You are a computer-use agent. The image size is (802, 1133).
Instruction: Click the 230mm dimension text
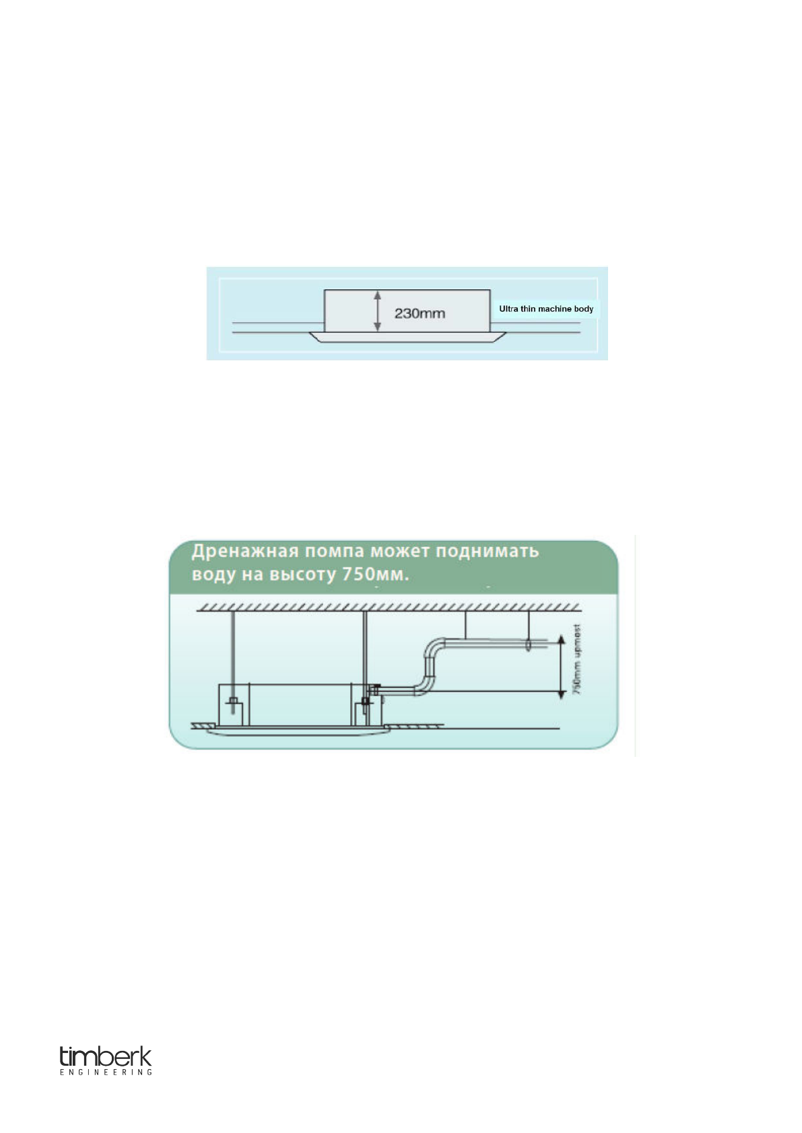click(420, 314)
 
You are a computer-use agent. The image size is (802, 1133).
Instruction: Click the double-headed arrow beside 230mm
click(378, 311)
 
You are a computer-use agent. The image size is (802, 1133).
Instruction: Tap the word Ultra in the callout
click(508, 309)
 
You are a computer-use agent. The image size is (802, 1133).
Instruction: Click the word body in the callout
click(584, 309)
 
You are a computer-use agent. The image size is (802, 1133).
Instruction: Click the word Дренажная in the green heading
click(244, 551)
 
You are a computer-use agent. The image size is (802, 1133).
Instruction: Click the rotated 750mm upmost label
click(577, 660)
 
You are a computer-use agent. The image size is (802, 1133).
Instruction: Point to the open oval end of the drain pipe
click(529, 646)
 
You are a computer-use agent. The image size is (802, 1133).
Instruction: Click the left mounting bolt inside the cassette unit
click(232, 706)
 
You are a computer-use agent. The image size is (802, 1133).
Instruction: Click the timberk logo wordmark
click(106, 1056)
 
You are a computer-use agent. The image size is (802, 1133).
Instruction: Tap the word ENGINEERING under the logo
click(106, 1072)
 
